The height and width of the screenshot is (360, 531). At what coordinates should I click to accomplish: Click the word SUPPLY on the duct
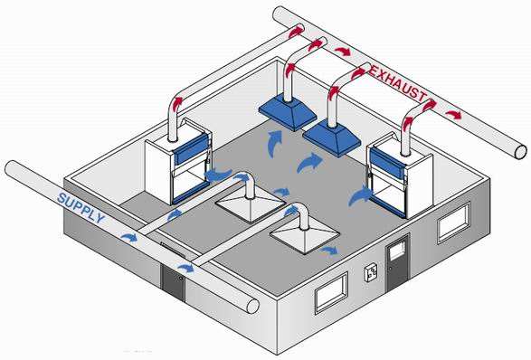[81, 208]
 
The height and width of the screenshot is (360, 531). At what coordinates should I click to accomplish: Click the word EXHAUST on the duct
[397, 82]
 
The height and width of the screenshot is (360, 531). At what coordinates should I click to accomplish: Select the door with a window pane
[398, 261]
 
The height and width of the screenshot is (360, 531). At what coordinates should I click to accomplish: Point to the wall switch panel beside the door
[371, 273]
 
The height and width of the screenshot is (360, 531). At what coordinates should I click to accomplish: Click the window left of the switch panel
[332, 293]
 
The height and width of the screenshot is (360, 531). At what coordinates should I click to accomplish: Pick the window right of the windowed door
[454, 223]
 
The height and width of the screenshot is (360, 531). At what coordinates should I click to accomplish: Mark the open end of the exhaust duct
[520, 151]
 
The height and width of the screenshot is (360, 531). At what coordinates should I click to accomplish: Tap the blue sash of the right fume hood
[388, 164]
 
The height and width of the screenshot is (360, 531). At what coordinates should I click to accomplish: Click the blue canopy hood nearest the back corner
[288, 112]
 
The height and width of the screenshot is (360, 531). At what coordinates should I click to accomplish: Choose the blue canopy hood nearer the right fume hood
[332, 137]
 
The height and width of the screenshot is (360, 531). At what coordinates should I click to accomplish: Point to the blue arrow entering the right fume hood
[360, 195]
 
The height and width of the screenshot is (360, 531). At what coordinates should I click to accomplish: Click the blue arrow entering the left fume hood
[218, 175]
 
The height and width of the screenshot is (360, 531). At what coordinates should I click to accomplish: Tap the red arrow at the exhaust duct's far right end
[454, 115]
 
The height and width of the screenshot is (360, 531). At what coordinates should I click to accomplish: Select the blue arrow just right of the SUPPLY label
[129, 237]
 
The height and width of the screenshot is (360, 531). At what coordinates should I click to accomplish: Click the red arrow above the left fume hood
[178, 104]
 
